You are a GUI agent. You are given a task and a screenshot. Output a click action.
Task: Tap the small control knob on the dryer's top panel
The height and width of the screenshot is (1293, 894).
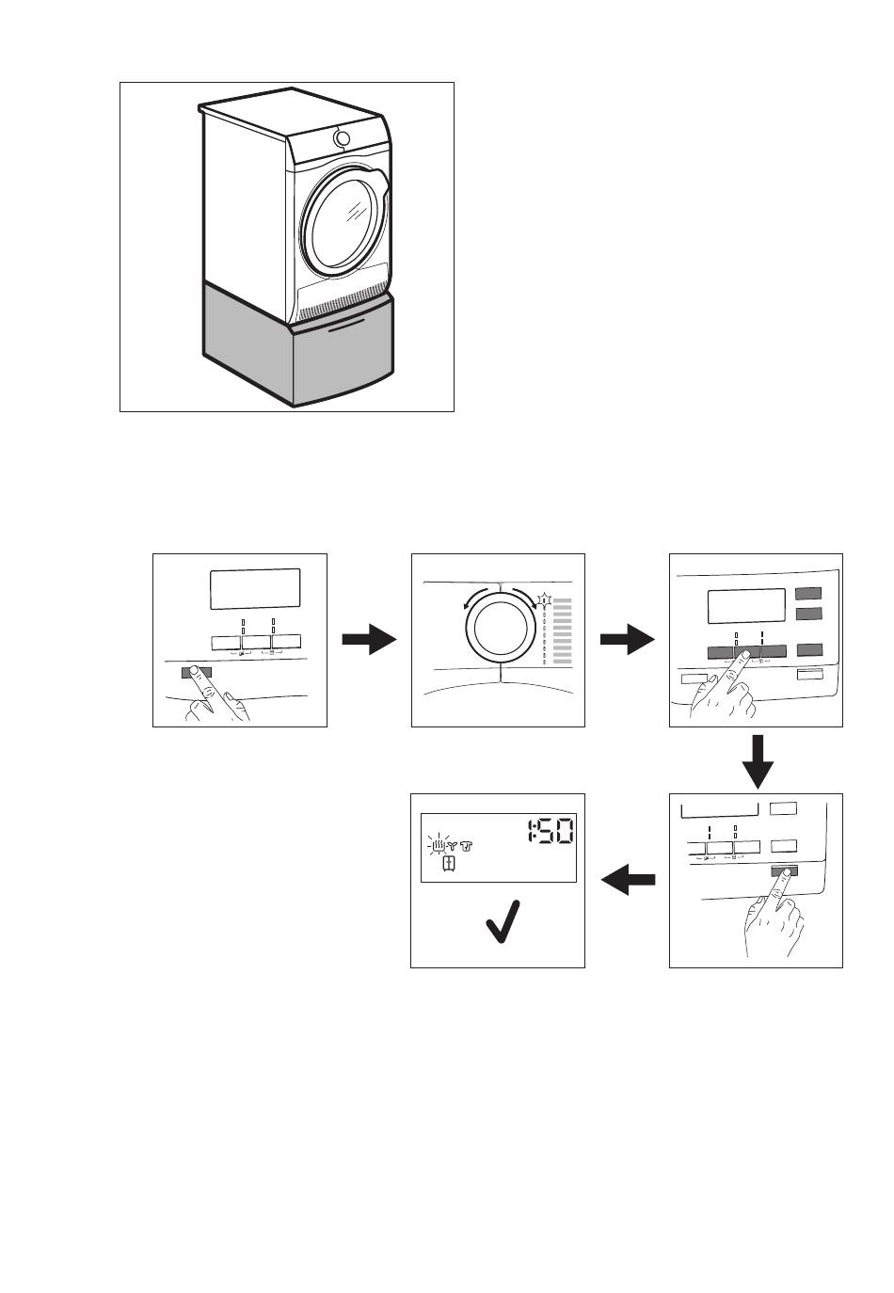tap(342, 139)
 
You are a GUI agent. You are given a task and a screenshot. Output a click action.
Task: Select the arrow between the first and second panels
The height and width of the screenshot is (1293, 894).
tap(369, 641)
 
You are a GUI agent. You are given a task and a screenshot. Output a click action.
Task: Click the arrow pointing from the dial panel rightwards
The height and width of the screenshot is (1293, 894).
tap(627, 641)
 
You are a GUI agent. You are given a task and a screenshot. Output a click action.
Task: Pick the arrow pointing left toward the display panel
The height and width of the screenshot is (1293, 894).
tap(628, 882)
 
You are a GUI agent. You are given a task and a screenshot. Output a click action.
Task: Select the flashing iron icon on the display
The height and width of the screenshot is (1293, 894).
tap(439, 844)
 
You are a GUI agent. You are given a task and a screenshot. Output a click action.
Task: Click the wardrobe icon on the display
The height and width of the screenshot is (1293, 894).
tap(450, 865)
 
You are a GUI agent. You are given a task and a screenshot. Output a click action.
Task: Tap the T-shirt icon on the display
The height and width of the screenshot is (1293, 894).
tap(468, 845)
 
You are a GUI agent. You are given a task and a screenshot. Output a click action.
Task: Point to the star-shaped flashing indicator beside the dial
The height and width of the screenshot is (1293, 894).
tap(545, 599)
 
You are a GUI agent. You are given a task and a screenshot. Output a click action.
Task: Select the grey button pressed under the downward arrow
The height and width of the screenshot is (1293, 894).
tap(784, 872)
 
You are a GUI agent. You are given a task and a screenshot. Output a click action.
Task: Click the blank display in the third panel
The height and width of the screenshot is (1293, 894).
tap(746, 606)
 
